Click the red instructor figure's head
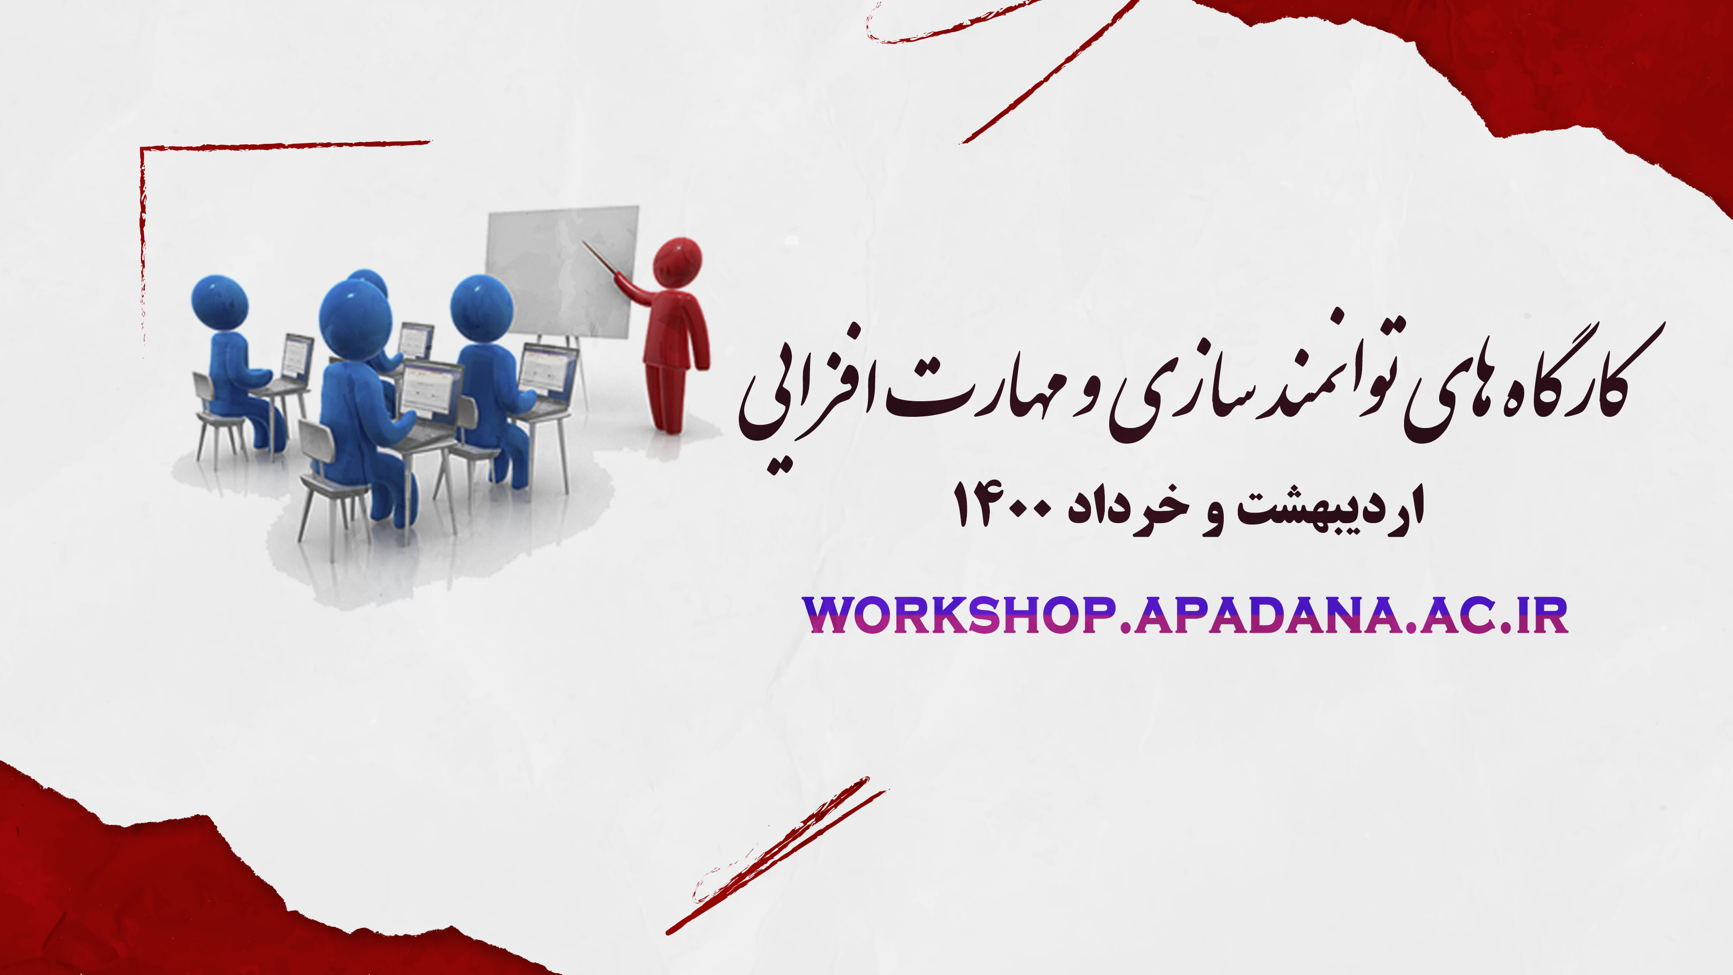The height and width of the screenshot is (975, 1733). (x=677, y=262)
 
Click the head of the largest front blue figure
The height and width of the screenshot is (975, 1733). (x=355, y=320)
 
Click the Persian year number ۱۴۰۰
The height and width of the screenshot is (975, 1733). (x=1002, y=505)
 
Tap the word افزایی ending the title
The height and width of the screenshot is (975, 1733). (x=808, y=404)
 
